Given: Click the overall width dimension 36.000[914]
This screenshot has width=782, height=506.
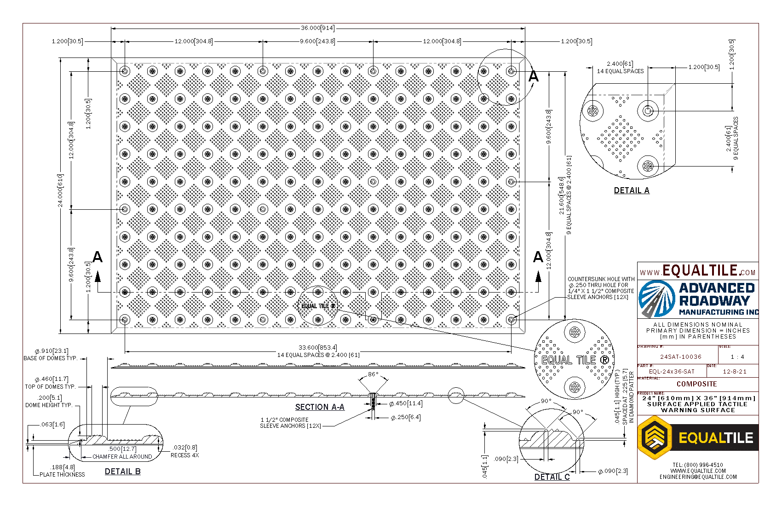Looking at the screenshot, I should point(317,28).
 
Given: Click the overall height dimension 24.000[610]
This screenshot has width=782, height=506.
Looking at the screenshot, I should point(60,190).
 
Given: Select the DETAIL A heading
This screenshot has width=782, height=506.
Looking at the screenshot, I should point(632,190).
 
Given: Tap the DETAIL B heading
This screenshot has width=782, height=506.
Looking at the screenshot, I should point(123,471).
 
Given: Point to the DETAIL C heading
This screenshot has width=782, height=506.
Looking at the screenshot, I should point(552,477).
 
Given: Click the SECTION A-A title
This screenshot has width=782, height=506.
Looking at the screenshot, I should point(320,407).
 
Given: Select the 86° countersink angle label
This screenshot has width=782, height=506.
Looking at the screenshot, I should point(373,374).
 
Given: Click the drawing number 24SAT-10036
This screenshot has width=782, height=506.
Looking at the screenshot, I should point(681,356).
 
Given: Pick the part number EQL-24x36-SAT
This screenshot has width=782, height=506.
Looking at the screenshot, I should point(672,371).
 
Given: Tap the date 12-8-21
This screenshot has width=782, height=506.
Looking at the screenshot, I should point(735,371).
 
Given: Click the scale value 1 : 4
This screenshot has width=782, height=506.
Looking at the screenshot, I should point(737,356).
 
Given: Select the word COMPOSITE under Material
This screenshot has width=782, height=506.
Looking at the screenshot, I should point(696,384).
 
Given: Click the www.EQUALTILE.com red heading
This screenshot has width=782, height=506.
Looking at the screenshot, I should point(698,271).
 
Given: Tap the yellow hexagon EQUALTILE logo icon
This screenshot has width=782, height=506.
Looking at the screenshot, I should point(654,437).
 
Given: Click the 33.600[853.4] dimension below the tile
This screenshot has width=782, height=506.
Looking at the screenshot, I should point(317,348).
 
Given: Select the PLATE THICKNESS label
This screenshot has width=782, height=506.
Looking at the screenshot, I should point(62,475).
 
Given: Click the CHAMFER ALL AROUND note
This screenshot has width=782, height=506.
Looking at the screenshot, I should point(122,457).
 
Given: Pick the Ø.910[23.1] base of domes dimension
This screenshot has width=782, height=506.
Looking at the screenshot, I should point(52,351).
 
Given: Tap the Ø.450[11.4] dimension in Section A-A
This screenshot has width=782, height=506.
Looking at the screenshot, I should point(406,404).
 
